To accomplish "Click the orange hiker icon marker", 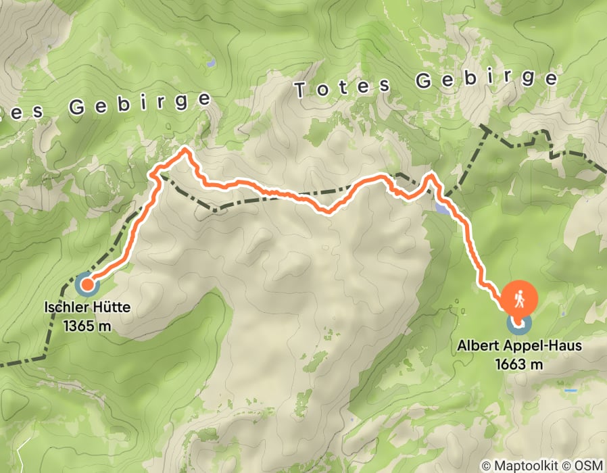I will point(519,297).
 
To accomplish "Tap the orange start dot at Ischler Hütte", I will point(87,284).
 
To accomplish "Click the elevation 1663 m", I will point(519,364).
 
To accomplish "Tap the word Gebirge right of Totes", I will point(486,80).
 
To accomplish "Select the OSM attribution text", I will point(589,466).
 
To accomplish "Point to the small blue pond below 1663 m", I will point(571,391).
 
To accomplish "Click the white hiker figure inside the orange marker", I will point(519,297).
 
